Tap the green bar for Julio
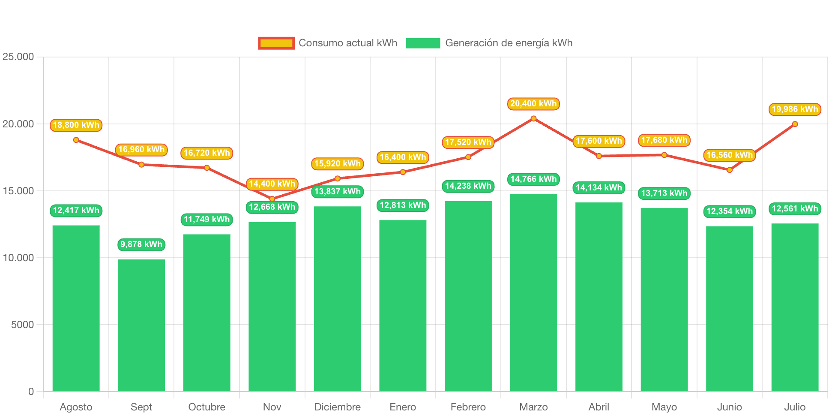point(795,307)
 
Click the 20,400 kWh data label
point(533,104)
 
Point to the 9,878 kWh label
point(141,244)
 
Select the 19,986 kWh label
point(795,109)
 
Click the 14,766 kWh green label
point(533,179)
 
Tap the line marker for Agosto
point(76,140)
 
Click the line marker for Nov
point(272,199)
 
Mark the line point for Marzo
point(533,118)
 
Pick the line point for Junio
point(730,170)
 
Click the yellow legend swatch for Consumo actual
point(276,43)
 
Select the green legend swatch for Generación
point(423,43)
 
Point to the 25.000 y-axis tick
point(18,57)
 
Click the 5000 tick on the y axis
point(22,325)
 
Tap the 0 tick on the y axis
point(31,392)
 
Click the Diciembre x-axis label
point(338,407)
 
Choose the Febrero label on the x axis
point(468,407)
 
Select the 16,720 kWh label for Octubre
point(207,153)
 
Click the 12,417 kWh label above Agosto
point(76,211)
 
